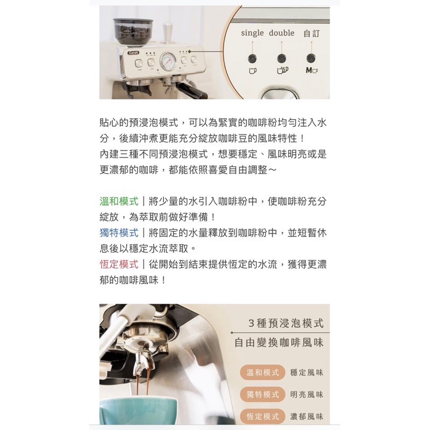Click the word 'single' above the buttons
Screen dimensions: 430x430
(252, 33)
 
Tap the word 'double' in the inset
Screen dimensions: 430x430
(281, 33)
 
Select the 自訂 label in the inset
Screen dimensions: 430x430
(312, 33)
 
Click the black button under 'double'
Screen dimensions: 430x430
(281, 58)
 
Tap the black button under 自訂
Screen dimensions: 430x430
(311, 58)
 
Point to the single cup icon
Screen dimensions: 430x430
(253, 70)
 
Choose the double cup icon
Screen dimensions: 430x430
(283, 70)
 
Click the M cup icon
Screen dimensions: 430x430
(312, 70)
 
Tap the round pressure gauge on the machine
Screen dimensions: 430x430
(168, 61)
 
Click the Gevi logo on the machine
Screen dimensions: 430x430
(133, 53)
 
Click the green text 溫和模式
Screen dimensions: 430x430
(119, 202)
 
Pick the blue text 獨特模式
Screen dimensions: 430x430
(119, 233)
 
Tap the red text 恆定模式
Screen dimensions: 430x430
(119, 264)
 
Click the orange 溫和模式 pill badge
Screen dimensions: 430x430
(262, 372)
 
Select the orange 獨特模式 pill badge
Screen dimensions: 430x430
(262, 395)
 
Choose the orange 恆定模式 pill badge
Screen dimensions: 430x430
(262, 416)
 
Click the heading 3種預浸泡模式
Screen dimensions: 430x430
(286, 324)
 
